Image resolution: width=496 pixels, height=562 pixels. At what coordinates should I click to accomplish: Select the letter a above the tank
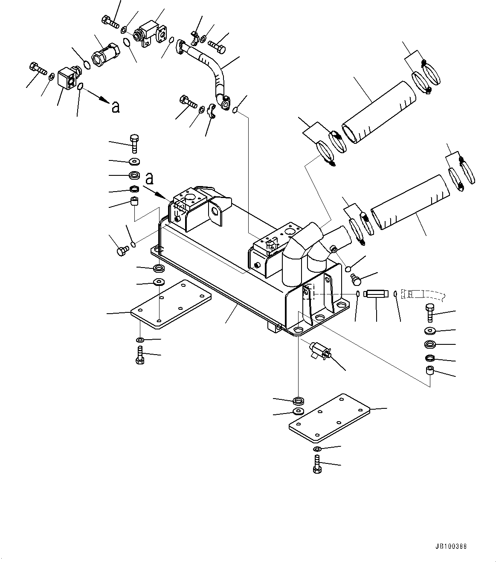[149, 176]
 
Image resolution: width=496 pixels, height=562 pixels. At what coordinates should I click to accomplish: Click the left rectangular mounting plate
[171, 303]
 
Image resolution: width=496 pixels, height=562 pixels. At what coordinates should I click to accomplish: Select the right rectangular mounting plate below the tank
[329, 417]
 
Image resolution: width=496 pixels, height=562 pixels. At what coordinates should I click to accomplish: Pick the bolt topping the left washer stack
[134, 144]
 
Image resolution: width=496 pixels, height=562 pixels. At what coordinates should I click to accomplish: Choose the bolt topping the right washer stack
[430, 314]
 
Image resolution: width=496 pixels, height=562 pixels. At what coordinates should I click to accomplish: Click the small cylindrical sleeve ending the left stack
[134, 201]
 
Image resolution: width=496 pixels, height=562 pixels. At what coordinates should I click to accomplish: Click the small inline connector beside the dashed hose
[376, 294]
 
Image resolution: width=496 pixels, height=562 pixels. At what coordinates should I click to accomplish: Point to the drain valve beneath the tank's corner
[320, 351]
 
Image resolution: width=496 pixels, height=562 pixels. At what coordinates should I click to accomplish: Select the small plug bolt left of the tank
[122, 251]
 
